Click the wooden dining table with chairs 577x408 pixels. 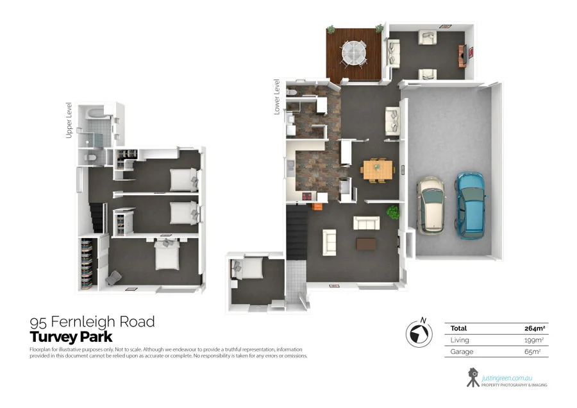377,170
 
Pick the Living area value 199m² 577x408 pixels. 534,341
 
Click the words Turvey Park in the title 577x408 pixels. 71,337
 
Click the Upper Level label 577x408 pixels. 69,120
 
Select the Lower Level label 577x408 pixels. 277,96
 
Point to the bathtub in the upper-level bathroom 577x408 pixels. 93,114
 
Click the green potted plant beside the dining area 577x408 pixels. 392,212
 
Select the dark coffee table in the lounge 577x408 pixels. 367,244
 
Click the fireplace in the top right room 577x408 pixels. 462,55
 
